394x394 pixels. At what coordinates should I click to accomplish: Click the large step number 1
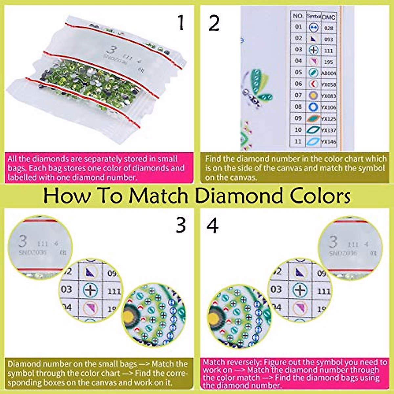(181, 23)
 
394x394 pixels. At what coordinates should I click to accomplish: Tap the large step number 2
(214, 24)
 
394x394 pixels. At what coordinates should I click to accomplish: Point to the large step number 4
(212, 226)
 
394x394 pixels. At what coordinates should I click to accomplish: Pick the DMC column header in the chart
(328, 17)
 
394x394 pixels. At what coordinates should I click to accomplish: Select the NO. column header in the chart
(298, 16)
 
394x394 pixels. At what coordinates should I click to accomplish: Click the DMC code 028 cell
(328, 28)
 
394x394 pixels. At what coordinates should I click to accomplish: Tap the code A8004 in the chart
(329, 73)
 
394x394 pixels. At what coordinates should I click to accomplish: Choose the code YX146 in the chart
(329, 142)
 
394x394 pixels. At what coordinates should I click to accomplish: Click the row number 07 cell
(298, 95)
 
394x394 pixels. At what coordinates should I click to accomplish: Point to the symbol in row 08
(313, 107)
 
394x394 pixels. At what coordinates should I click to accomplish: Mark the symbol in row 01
(314, 28)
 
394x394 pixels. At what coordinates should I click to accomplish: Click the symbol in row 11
(313, 142)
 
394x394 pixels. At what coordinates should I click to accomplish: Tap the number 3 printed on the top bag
(112, 50)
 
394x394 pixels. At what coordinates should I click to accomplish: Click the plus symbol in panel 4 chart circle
(299, 290)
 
